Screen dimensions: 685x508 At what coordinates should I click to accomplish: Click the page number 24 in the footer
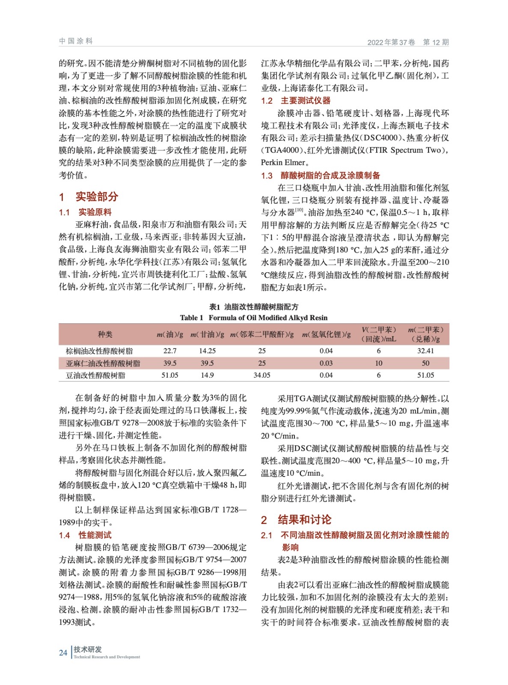(63, 652)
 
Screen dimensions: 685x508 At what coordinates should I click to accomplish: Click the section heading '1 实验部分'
(89, 197)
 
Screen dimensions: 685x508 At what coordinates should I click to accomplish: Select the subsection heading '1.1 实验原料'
(85, 212)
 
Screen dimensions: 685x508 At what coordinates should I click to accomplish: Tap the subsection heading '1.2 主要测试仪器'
(296, 101)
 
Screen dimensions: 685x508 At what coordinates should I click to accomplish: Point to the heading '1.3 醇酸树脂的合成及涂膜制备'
(321, 176)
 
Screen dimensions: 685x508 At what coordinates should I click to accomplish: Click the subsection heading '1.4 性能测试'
(85, 535)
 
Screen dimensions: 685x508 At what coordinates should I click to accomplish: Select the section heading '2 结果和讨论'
(296, 520)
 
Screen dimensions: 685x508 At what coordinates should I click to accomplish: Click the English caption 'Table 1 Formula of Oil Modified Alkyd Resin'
(253, 318)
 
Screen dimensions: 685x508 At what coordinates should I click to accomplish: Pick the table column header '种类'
(105, 334)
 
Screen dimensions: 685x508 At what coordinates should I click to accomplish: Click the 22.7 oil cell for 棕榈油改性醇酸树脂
(169, 351)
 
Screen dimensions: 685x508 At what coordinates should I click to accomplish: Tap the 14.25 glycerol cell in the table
(207, 351)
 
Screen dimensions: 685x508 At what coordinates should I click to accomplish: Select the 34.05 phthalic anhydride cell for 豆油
(261, 375)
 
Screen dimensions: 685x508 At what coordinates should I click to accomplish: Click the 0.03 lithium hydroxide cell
(326, 363)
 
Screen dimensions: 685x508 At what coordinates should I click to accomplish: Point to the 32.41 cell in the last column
(425, 351)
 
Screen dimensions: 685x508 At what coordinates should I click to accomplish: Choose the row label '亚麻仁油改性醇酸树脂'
(103, 363)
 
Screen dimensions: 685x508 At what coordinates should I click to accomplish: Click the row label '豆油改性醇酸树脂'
(95, 375)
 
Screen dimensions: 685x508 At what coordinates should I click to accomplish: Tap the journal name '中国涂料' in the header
(76, 41)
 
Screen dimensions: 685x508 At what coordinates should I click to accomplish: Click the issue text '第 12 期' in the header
(436, 42)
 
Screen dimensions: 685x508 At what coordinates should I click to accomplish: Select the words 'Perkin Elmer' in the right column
(283, 163)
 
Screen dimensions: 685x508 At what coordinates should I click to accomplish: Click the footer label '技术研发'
(88, 649)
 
